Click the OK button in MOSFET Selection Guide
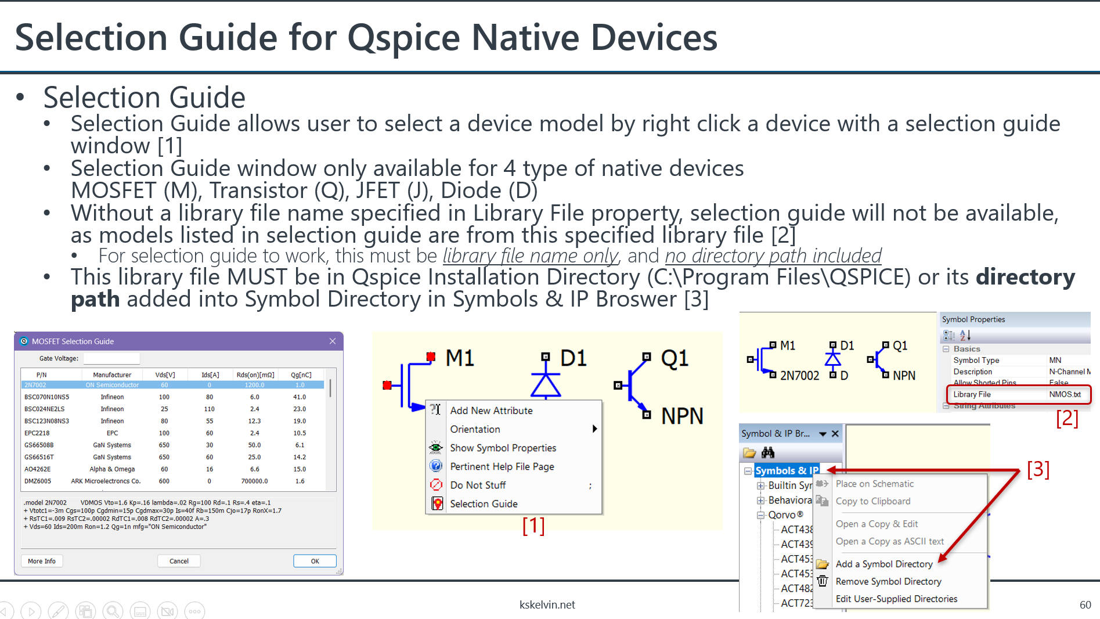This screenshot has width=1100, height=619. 315,561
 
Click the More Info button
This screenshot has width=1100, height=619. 42,561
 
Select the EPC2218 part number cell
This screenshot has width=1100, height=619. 37,433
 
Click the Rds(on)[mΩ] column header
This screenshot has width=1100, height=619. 255,375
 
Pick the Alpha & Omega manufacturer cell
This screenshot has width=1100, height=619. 112,469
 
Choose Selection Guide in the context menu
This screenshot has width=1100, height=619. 484,504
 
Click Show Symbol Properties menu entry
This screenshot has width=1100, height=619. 503,448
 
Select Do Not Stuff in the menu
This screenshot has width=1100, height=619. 478,485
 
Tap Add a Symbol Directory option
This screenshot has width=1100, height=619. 883,564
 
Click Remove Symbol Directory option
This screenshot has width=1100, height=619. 888,582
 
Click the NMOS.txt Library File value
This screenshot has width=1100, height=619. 1065,394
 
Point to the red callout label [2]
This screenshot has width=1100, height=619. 1067,418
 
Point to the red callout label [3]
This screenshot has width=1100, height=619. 1038,469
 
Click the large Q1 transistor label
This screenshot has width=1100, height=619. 675,358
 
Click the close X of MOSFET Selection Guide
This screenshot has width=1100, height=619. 333,341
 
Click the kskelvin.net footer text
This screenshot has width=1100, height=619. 547,605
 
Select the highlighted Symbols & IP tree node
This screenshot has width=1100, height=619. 787,471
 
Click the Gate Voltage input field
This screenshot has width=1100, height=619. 111,359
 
